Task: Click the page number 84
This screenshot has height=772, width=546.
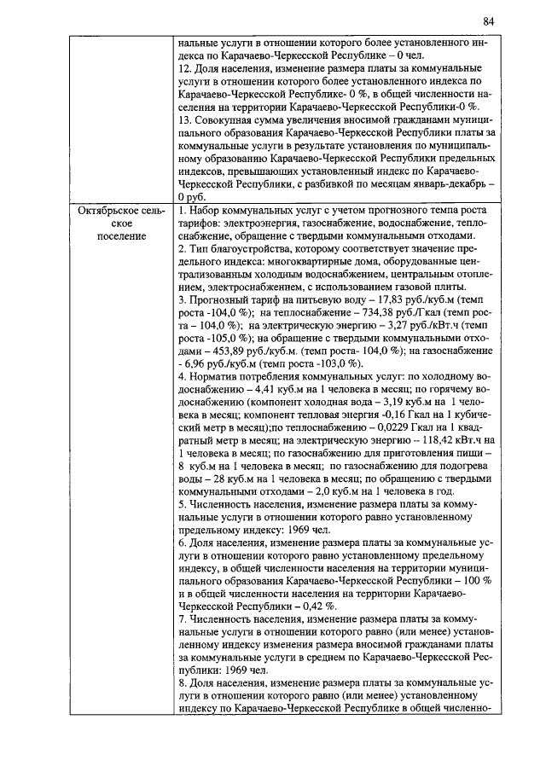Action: coord(488,20)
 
